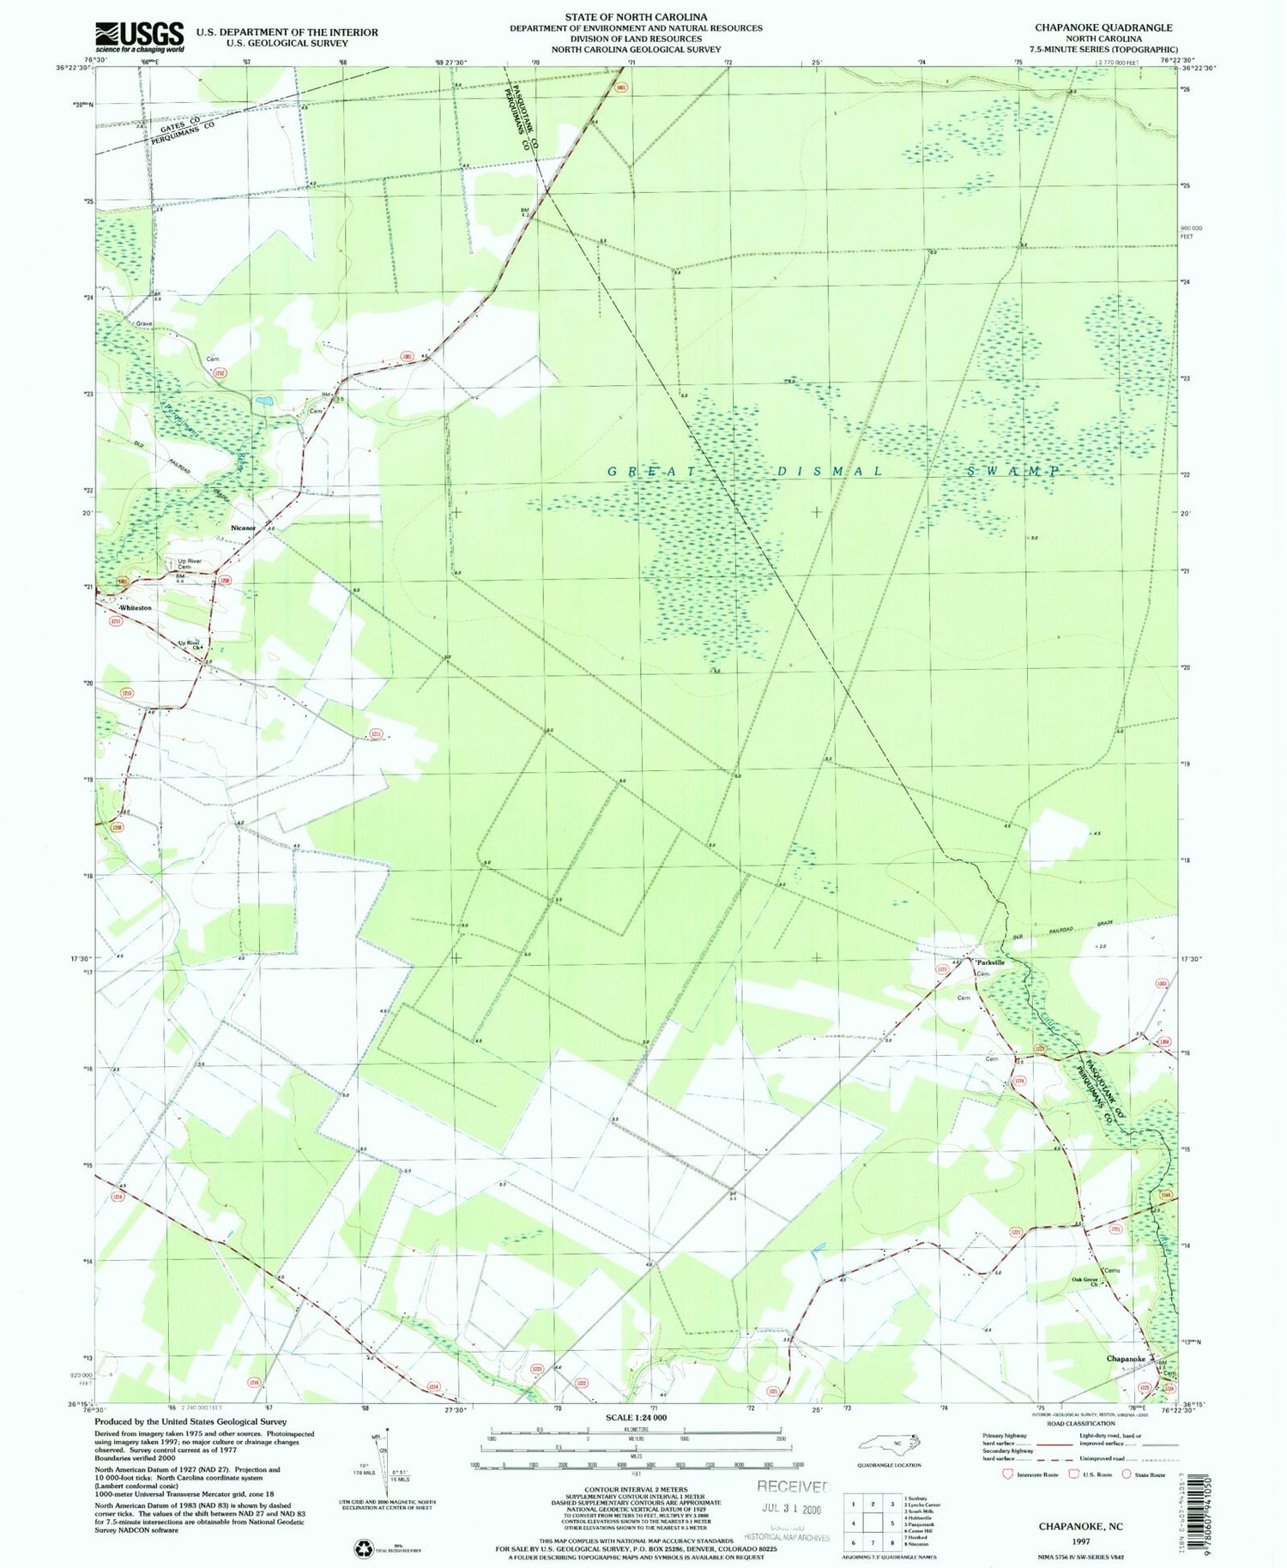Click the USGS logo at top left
139,37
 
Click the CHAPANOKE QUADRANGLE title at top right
1103,27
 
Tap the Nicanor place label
243,528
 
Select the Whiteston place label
136,607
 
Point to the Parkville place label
989,962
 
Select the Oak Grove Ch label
1085,1282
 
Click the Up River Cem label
189,564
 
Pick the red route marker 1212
220,372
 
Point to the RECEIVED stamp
795,1486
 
